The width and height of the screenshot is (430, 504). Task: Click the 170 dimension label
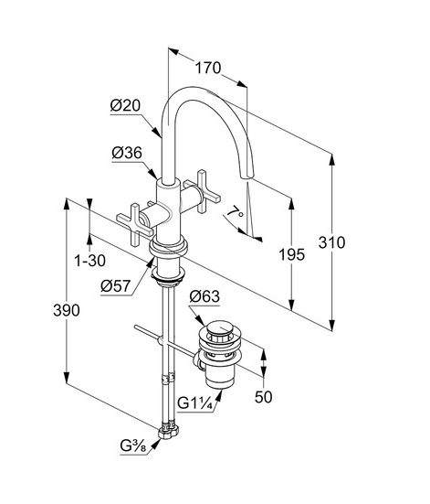point(208,68)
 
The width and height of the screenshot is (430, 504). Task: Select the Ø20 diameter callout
point(125,105)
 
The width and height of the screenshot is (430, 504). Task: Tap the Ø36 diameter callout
point(127,153)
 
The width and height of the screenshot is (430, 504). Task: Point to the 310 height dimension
point(331,242)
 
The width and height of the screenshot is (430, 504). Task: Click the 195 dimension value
point(292,254)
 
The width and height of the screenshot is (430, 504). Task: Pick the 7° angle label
point(235,212)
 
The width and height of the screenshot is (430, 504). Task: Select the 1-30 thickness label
point(89,261)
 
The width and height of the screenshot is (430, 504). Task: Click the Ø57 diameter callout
point(116,285)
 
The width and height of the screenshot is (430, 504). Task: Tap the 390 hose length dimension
point(67,310)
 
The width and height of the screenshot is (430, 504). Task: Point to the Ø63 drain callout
point(205,296)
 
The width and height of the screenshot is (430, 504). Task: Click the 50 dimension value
point(264,397)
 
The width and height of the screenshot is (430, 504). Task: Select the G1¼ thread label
point(195,403)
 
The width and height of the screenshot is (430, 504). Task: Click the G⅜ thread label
point(133,446)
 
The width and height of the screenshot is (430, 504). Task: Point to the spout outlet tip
point(247,176)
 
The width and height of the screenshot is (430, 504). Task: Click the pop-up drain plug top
point(220,329)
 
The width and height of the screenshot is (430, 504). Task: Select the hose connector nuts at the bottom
point(168,432)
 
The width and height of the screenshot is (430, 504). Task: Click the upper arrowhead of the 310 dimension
point(332,159)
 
